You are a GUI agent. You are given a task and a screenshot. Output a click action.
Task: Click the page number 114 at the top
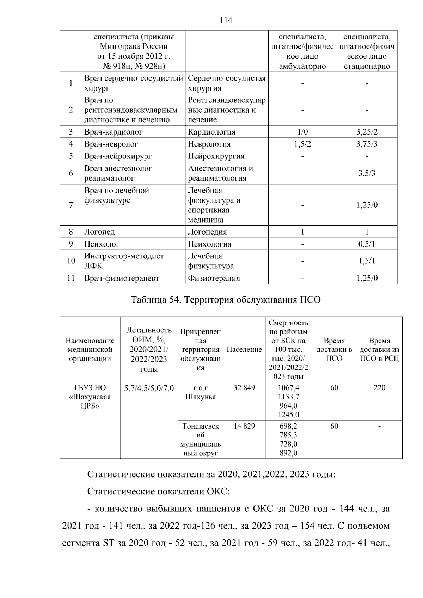tap(226, 20)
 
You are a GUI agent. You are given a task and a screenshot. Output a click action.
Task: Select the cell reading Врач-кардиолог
tap(113, 132)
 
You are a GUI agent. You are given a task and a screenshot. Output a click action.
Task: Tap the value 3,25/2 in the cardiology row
tap(367, 132)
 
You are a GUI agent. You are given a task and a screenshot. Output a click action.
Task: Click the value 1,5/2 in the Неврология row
tap(302, 144)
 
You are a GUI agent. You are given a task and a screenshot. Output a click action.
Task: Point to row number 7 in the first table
tap(71, 205)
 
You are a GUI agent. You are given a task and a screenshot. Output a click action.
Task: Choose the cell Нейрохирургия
tap(216, 156)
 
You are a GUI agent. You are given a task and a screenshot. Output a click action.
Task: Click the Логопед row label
tap(99, 232)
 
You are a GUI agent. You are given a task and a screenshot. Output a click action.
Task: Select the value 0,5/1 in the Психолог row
tap(367, 244)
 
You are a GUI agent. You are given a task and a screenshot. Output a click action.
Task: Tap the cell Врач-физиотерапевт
tap(122, 278)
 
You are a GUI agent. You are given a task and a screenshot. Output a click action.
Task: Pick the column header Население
tap(244, 350)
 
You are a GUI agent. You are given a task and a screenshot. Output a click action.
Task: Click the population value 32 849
tap(244, 388)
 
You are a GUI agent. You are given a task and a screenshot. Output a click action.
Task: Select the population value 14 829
tap(244, 426)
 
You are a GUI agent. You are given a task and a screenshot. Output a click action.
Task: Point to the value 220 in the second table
tap(379, 388)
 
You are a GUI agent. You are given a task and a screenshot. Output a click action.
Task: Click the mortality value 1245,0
tap(288, 415)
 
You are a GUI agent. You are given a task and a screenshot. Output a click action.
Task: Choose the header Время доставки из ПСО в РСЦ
tap(379, 350)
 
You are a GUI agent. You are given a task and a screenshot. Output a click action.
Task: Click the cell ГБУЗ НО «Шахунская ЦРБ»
tap(90, 397)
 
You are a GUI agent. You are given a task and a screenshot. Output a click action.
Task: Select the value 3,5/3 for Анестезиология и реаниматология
tap(367, 173)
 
